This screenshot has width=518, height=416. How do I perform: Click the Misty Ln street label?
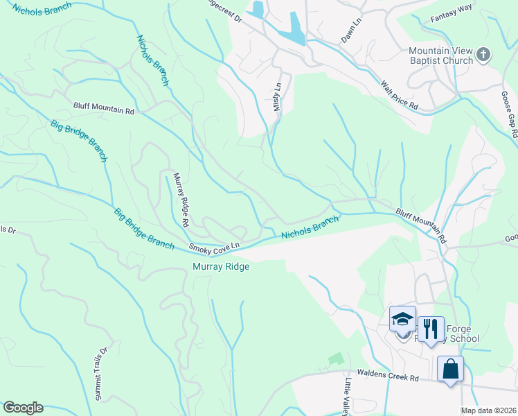point(278,97)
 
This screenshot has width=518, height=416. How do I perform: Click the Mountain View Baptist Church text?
point(440,55)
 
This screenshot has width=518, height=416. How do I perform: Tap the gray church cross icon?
point(484,53)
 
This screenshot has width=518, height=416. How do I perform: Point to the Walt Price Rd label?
point(400,96)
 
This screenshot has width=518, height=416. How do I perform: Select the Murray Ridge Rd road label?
point(181,200)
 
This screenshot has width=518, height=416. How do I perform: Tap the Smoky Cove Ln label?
point(215,247)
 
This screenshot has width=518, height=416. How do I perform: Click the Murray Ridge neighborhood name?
point(220,266)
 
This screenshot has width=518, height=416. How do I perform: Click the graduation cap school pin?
point(402,320)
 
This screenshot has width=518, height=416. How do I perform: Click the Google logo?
point(23,408)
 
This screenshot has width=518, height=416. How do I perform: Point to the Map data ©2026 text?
point(488,410)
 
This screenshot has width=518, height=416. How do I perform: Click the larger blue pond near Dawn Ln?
point(295,28)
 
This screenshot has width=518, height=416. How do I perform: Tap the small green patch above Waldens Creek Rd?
point(336,358)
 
